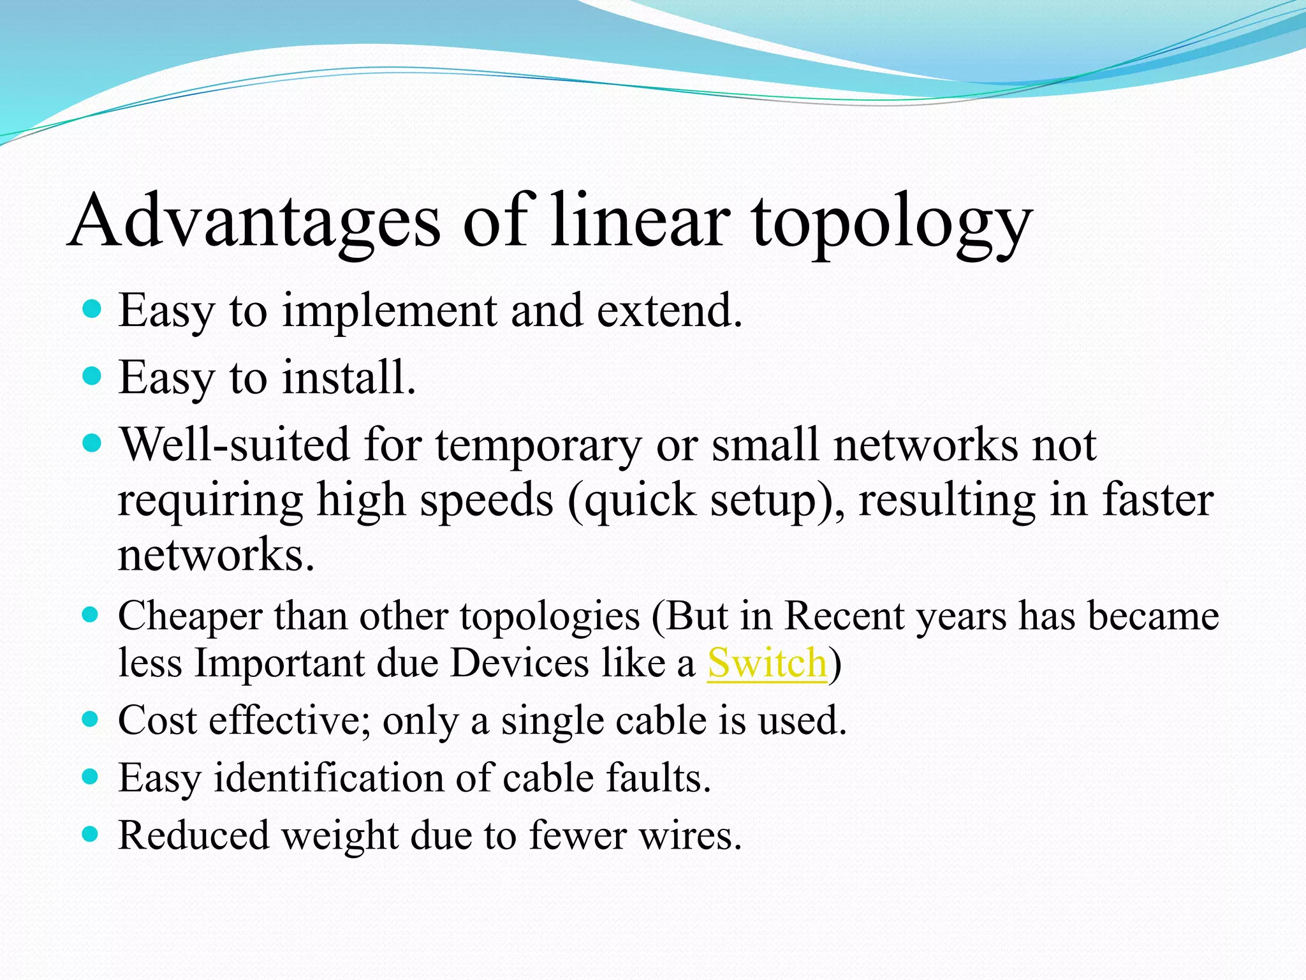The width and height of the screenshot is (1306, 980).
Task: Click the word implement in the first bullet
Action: [x=389, y=311]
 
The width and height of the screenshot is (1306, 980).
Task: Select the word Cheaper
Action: [x=190, y=618]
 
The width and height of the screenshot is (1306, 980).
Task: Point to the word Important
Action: [x=278, y=664]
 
